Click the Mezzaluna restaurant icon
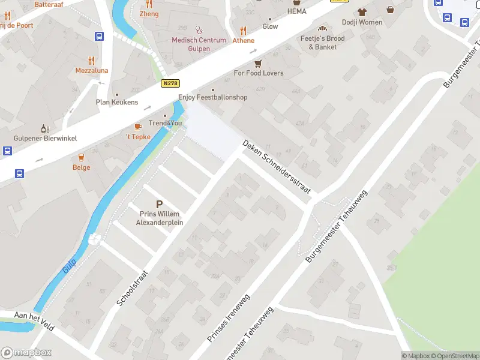coord(91,61)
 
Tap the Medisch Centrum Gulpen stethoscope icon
coord(199,29)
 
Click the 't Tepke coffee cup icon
coord(137,127)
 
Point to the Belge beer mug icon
coord(81,157)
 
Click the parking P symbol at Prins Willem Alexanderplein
coord(159,205)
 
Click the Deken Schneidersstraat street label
coord(277,167)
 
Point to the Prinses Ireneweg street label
coord(229,319)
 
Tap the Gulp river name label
coord(70,263)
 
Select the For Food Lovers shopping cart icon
coord(258,63)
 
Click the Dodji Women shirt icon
coord(362,12)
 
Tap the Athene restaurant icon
coord(243,31)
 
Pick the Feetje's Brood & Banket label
coord(323,43)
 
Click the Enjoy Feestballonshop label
coord(212,97)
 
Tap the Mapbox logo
coord(26,353)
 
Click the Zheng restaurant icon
coord(149,4)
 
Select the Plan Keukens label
coord(117,102)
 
